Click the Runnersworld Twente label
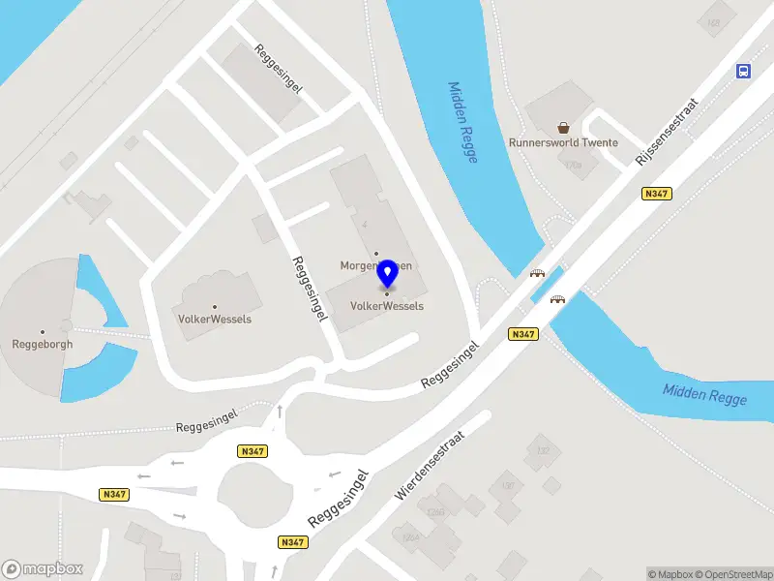[563, 143]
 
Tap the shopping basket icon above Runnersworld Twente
[563, 126]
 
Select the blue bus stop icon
[744, 72]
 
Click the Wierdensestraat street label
[431, 466]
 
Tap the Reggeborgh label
[42, 344]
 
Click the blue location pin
[387, 274]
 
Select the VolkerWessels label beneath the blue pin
[387, 306]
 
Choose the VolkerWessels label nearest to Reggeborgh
[215, 319]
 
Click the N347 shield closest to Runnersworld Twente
[656, 194]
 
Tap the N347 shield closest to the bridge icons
[522, 334]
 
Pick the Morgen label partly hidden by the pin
[360, 265]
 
